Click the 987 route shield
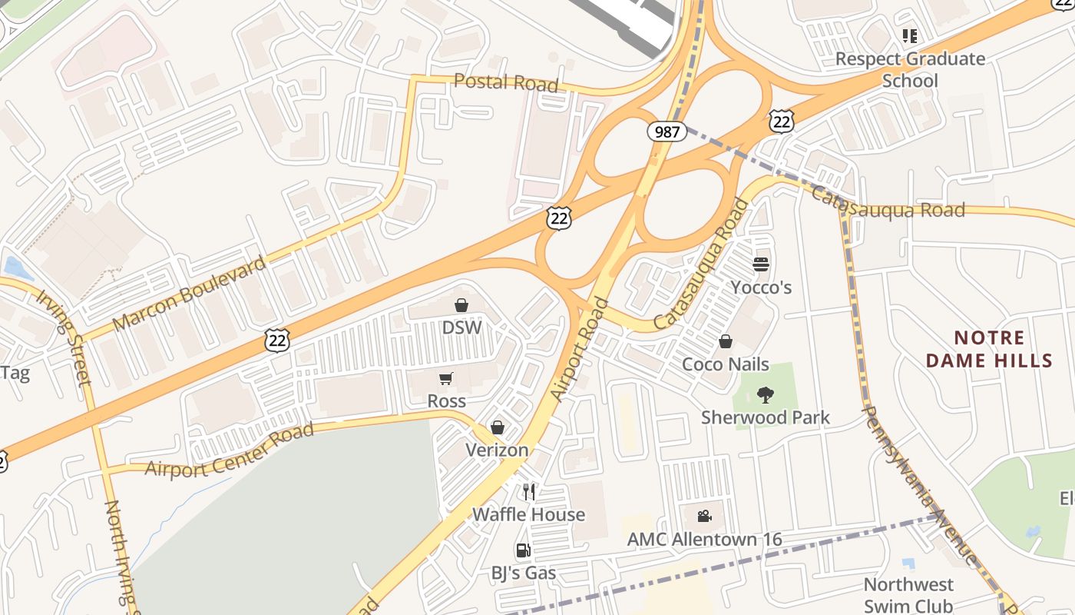[x=666, y=131]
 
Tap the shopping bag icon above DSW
[x=461, y=306]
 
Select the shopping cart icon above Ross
[x=446, y=379]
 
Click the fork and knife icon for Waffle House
[x=529, y=491]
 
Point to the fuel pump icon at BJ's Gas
[x=523, y=550]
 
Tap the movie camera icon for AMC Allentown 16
[x=704, y=516]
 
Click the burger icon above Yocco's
[x=761, y=264]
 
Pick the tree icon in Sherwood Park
[x=765, y=395]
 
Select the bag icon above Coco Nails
[x=726, y=341]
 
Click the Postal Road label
[x=505, y=81]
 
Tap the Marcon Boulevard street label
[x=189, y=293]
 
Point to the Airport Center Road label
[x=230, y=449]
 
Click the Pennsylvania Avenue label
[x=919, y=484]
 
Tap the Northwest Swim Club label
[x=908, y=595]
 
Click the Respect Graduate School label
[x=910, y=69]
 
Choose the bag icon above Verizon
[x=498, y=427]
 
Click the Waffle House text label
[x=528, y=514]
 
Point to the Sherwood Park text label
[x=766, y=417]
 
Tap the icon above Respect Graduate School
[x=910, y=35]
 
